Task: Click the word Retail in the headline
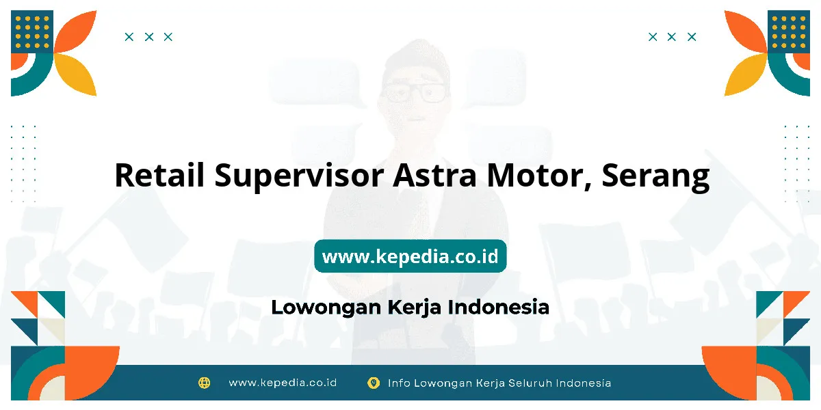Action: click(x=159, y=175)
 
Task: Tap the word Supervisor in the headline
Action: click(x=299, y=177)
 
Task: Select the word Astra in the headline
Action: click(x=435, y=175)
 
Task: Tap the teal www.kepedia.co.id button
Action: click(x=410, y=256)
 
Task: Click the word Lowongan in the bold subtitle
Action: click(x=326, y=307)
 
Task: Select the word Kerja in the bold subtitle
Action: click(x=414, y=307)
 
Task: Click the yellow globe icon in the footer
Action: click(x=204, y=383)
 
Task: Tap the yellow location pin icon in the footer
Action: click(x=374, y=383)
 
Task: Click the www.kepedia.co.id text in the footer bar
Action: click(x=283, y=383)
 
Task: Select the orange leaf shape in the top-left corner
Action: click(x=76, y=31)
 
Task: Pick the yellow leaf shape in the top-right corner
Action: click(x=746, y=74)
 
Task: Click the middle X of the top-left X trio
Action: click(x=149, y=37)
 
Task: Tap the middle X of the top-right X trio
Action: click(x=671, y=37)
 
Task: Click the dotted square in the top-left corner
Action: click(x=32, y=32)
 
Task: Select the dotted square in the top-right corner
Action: click(x=789, y=32)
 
